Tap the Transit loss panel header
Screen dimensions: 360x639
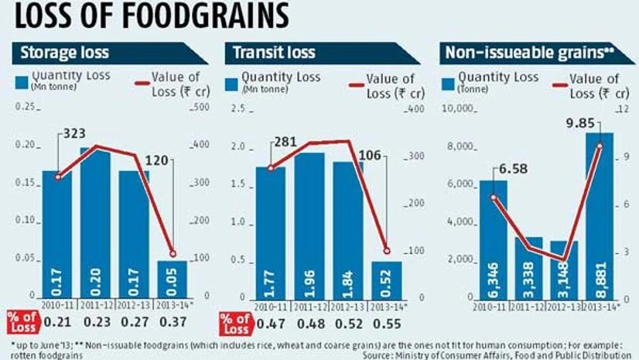pyautogui.click(x=267, y=54)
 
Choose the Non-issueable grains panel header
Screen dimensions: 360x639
pyautogui.click(x=519, y=54)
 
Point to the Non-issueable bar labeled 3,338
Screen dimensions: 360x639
pyautogui.click(x=528, y=268)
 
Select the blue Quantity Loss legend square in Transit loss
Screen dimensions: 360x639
pyautogui.click(x=232, y=84)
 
